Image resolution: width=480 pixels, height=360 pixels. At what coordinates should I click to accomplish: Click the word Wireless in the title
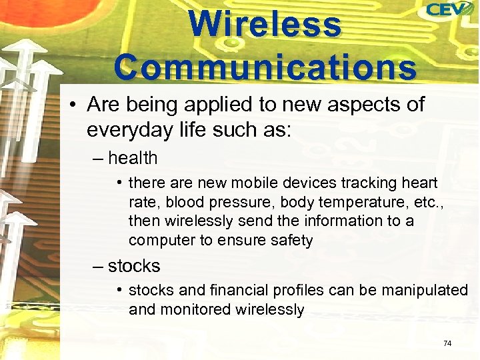pyautogui.click(x=265, y=25)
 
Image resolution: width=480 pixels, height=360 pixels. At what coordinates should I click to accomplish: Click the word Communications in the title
pyautogui.click(x=265, y=67)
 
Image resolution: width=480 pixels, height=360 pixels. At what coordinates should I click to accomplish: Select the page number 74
pyautogui.click(x=447, y=343)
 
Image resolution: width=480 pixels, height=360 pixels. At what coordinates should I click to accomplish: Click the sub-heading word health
pyautogui.click(x=133, y=159)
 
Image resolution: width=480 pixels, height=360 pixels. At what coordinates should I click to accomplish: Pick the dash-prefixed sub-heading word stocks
pyautogui.click(x=134, y=266)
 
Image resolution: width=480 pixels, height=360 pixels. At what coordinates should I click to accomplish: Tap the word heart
pyautogui.click(x=419, y=183)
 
